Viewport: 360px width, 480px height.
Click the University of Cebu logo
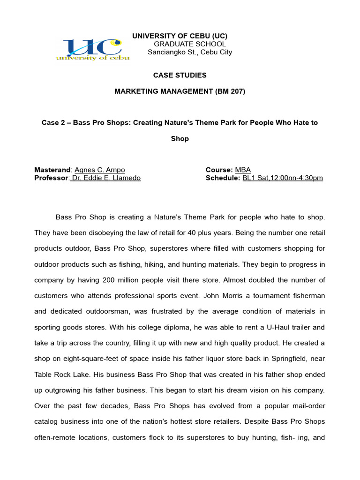[x=93, y=50]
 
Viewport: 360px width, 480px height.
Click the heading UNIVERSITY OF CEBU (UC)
[x=180, y=36]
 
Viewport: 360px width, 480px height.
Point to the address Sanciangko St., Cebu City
[x=190, y=52]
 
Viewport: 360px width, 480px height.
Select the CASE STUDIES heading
[x=180, y=75]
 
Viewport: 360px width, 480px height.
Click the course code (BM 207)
[x=230, y=91]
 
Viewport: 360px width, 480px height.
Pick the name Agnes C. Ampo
[x=99, y=170]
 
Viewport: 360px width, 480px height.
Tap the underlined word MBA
[x=243, y=170]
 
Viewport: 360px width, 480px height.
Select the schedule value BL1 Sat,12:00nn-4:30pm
[x=282, y=178]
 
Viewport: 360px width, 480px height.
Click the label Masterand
[x=52, y=170]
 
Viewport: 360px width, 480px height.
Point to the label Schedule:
[x=223, y=178]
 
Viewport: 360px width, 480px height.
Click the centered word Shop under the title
[x=180, y=139]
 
